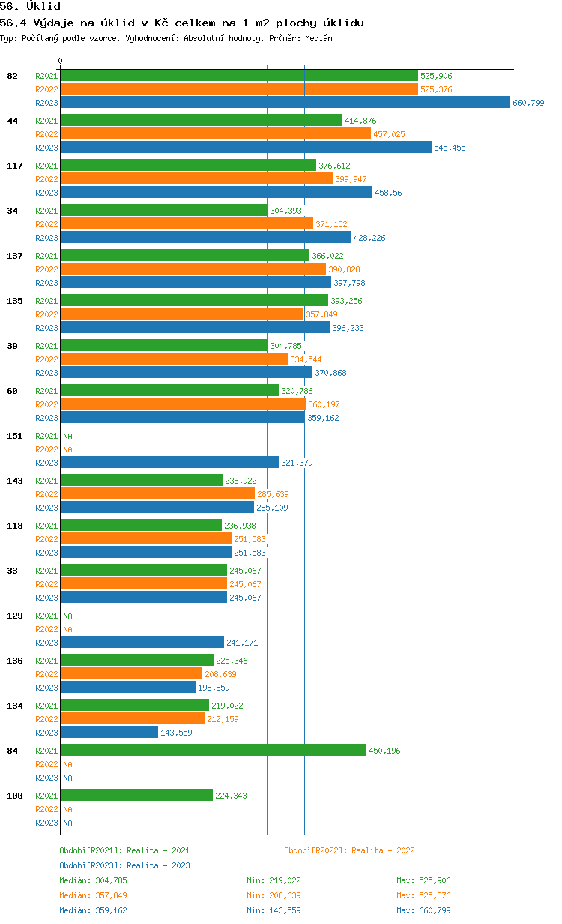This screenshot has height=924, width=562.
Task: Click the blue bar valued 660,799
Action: click(285, 102)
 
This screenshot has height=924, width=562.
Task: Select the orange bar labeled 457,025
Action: click(216, 133)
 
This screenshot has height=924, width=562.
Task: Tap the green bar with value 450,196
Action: click(214, 750)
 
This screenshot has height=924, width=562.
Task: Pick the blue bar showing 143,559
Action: click(109, 732)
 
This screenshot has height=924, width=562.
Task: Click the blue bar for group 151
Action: click(170, 463)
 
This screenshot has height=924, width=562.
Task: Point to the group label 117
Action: click(15, 166)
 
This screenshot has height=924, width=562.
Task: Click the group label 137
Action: click(15, 256)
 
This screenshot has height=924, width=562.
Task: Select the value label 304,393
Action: click(285, 211)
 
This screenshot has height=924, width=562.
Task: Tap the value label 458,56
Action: click(388, 193)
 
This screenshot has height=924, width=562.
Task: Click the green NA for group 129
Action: click(67, 616)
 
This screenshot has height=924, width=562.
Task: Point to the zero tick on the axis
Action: click(60, 61)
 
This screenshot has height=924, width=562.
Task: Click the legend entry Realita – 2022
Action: click(349, 850)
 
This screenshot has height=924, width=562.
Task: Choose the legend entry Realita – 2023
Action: click(124, 865)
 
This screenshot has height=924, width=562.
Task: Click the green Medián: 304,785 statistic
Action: click(93, 880)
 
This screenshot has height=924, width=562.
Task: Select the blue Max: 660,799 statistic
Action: click(423, 910)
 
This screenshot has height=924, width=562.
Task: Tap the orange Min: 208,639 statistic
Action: click(274, 895)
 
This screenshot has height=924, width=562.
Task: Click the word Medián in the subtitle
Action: click(318, 38)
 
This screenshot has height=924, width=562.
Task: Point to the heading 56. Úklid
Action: click(30, 6)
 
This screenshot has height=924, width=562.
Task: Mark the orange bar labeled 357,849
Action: click(182, 314)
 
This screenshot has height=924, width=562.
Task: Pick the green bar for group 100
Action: click(137, 795)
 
